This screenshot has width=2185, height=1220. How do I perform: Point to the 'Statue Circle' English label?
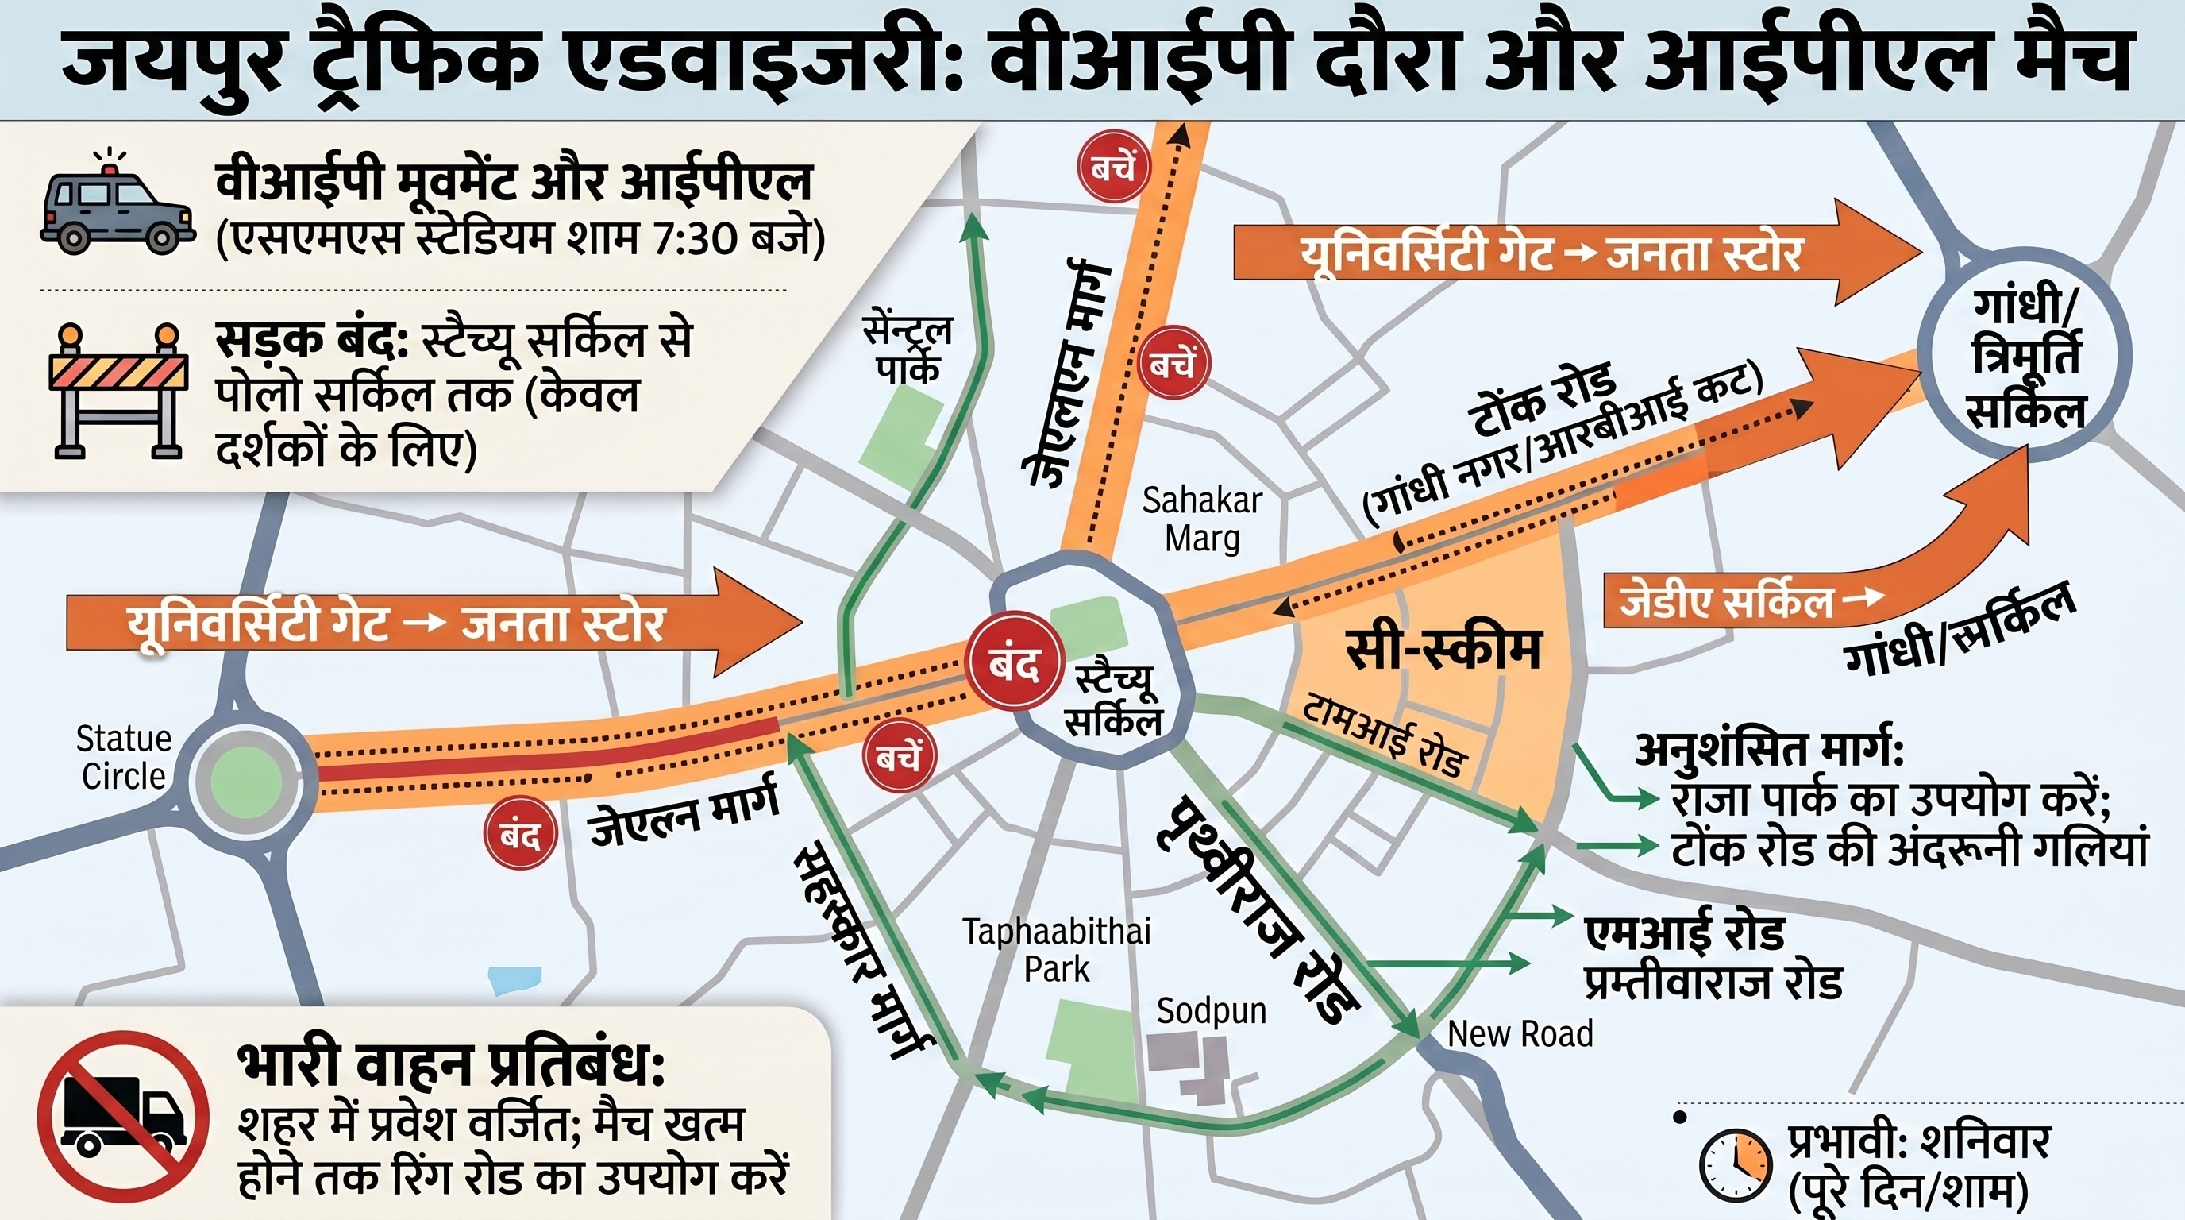pos(124,758)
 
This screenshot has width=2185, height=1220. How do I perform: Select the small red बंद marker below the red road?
pos(520,834)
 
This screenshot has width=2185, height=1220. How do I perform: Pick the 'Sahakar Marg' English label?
pos(1202,519)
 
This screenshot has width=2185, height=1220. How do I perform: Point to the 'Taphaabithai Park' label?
pos(1057,950)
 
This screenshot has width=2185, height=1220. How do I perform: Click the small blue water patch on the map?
pos(514,980)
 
